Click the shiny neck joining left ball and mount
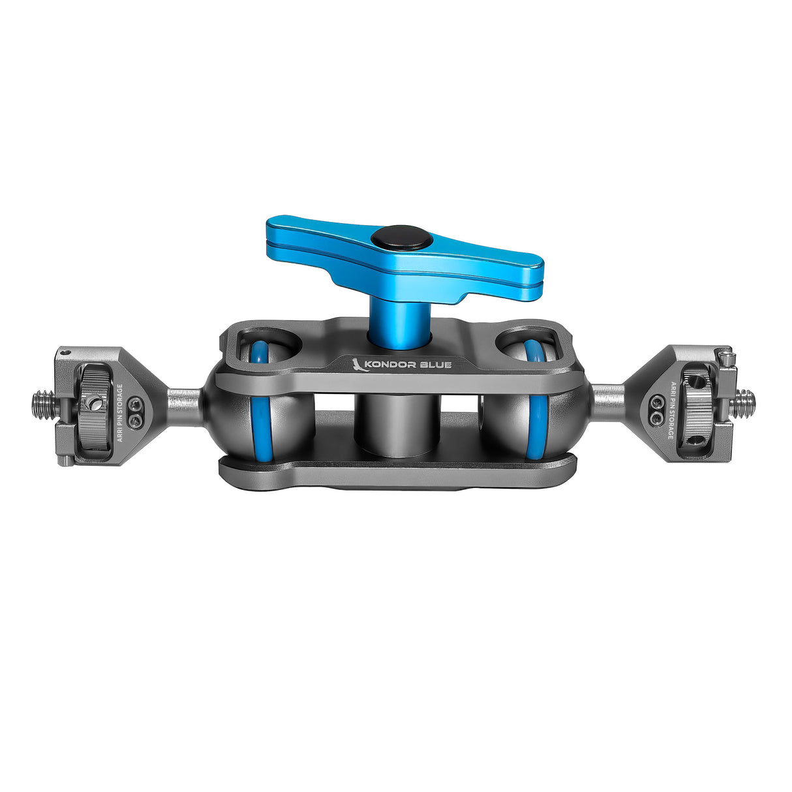(x=184, y=400)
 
